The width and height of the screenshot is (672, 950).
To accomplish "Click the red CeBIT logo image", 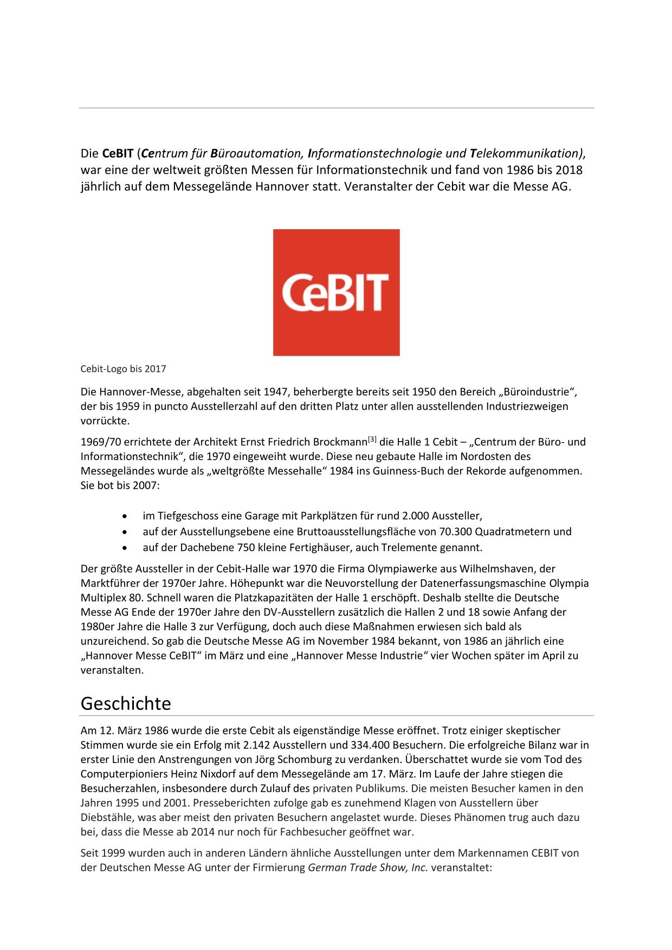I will (x=336, y=292).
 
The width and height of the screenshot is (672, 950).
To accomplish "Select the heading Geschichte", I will (x=126, y=703).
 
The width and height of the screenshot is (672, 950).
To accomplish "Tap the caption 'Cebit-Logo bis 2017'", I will (x=123, y=369).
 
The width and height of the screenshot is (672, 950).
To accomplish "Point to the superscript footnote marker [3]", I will (x=372, y=439).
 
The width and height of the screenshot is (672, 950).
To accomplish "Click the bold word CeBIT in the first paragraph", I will (x=118, y=153).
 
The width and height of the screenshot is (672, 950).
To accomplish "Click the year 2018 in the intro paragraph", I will (x=568, y=170).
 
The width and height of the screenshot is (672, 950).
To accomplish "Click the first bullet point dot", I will (x=126, y=516).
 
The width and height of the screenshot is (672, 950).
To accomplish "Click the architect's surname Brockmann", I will (x=340, y=442).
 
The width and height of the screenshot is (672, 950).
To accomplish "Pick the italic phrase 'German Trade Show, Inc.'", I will (x=368, y=867).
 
